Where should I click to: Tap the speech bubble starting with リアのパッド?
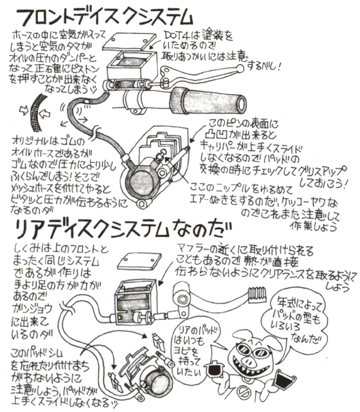[194, 344]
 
